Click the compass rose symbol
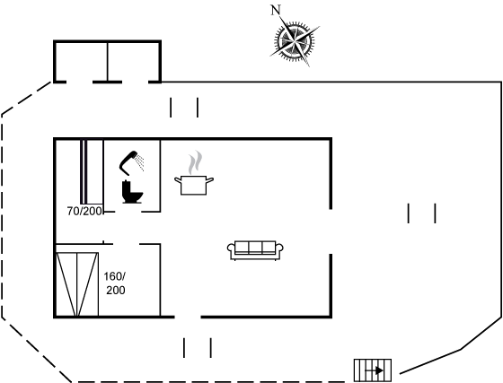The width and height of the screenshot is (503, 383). tap(295, 40)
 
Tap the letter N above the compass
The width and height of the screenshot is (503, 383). tap(276, 10)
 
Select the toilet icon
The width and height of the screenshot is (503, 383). tap(132, 192)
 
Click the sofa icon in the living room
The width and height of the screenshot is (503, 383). tap(255, 250)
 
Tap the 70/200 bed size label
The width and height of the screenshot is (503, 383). tap(84, 211)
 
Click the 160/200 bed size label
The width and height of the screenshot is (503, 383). tap(115, 283)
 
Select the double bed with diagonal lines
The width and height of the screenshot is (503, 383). tap(77, 284)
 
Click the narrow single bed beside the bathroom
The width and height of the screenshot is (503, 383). tap(92, 171)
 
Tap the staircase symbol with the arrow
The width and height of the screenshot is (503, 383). tap(373, 370)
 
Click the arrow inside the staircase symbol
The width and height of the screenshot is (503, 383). tap(375, 370)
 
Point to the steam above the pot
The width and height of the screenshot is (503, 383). tap(196, 162)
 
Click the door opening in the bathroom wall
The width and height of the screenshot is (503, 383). tap(128, 212)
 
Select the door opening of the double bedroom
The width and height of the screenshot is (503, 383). tap(126, 244)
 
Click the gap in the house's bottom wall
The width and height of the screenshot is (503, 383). tap(188, 317)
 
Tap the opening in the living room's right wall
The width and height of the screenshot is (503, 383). tap(331, 231)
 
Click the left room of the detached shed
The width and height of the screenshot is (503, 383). tap(81, 62)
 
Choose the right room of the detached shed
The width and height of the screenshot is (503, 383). tap(134, 62)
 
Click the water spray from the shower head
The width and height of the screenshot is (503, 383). tap(140, 162)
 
